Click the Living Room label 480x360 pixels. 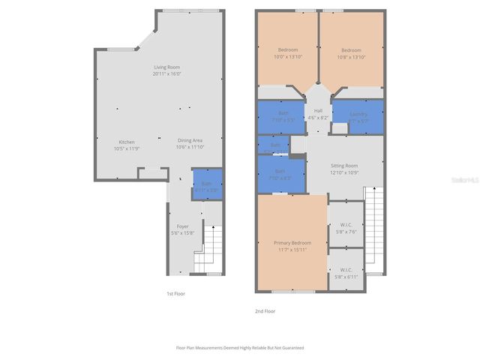click(166, 70)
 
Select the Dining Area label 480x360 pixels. click(190, 143)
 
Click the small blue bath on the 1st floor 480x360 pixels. click(206, 184)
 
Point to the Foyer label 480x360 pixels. click(182, 229)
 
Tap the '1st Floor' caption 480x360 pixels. click(175, 293)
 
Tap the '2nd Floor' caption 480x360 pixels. click(265, 310)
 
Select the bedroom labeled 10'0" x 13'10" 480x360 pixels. click(287, 53)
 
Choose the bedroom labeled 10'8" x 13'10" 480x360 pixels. click(351, 53)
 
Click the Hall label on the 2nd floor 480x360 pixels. click(319, 114)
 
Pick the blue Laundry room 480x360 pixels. click(358, 116)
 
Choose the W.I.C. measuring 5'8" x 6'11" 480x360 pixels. click(346, 273)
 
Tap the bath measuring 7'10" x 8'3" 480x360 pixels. click(281, 175)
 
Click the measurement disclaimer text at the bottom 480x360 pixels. click(240, 348)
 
